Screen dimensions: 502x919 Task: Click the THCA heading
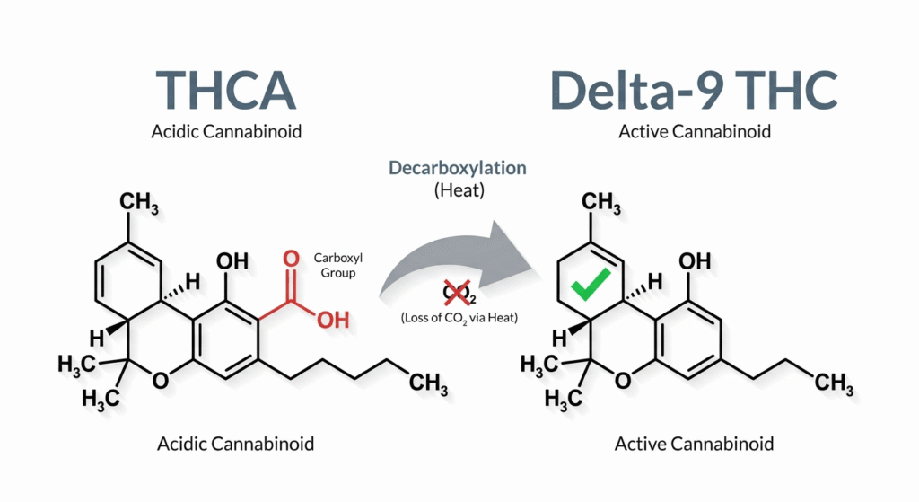[225, 88]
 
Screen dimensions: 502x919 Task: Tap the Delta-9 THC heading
[694, 88]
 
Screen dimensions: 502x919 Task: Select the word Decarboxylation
[458, 168]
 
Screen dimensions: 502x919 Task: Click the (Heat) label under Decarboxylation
[458, 190]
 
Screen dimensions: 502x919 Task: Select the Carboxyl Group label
[337, 265]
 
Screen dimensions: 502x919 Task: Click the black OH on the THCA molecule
[233, 260]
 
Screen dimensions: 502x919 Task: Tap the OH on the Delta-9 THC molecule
[696, 261]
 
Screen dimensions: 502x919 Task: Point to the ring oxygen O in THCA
[159, 381]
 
